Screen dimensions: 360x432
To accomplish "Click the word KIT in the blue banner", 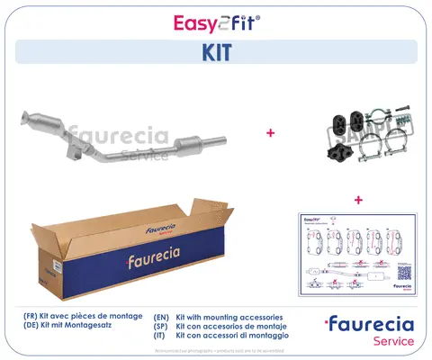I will [215, 51].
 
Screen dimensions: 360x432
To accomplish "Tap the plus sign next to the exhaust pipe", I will [270, 133].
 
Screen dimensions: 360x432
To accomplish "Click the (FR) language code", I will [31, 317].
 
